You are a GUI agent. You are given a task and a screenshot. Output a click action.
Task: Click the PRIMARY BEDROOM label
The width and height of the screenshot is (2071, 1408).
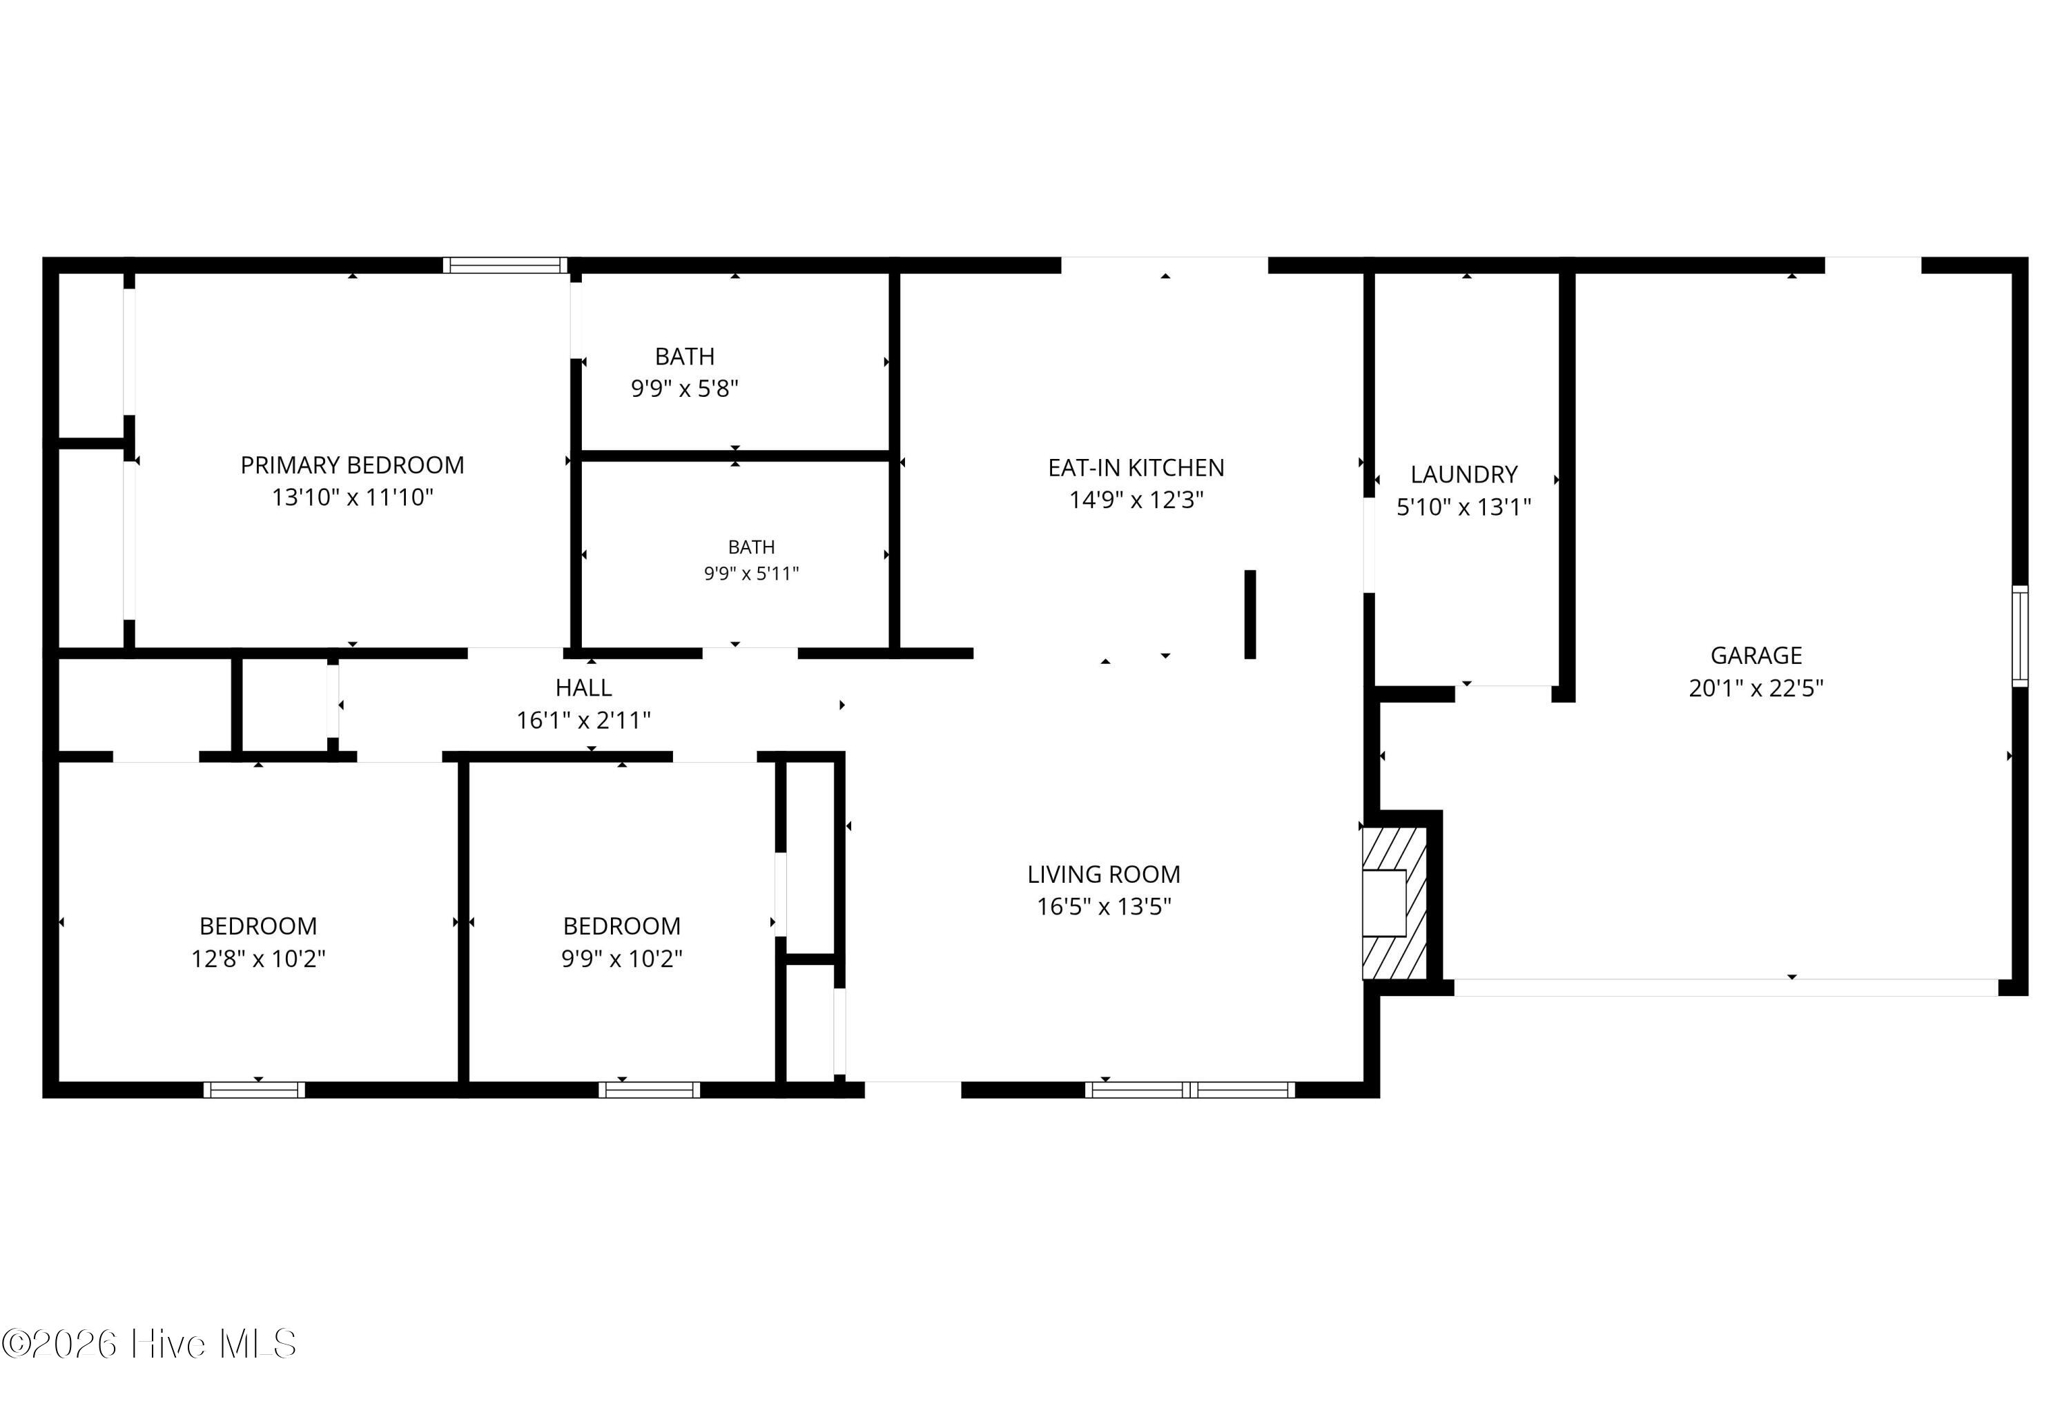(352, 465)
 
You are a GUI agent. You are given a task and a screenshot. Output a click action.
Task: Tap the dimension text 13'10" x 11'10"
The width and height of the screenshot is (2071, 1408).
(352, 497)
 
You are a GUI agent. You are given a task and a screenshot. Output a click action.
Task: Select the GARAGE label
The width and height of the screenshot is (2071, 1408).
(1756, 656)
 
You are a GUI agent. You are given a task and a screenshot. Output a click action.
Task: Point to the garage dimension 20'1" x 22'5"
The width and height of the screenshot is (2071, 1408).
(1756, 688)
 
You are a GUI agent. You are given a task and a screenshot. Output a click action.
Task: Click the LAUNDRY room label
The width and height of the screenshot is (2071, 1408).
(1464, 474)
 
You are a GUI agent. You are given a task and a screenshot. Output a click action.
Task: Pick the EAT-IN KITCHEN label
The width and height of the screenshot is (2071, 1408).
(1136, 468)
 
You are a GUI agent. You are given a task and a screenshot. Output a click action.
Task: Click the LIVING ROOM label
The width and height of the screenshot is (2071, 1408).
(1103, 874)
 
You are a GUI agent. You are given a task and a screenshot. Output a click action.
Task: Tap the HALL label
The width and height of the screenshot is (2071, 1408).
(584, 688)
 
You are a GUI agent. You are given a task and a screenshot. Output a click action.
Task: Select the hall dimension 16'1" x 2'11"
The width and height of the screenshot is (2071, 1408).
(584, 720)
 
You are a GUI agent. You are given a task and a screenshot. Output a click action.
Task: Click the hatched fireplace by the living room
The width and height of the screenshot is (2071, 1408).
(1394, 903)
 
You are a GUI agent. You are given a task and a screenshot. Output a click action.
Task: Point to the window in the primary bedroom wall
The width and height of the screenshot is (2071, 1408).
(505, 264)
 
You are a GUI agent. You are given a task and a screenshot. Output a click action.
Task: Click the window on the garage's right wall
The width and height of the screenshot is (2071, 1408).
(2020, 636)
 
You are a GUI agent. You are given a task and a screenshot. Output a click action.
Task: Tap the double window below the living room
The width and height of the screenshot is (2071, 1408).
(1189, 1089)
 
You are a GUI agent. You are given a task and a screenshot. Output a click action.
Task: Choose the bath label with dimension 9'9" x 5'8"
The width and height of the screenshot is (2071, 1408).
(684, 356)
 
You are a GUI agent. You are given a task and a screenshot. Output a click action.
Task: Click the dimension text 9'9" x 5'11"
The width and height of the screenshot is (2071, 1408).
(751, 573)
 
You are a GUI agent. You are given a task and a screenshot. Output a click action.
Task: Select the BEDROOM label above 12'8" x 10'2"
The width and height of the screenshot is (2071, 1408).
(257, 926)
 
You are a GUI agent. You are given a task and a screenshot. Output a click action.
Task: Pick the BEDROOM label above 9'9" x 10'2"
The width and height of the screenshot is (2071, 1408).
(621, 926)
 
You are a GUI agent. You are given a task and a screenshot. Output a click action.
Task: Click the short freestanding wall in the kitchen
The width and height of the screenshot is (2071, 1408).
(1250, 614)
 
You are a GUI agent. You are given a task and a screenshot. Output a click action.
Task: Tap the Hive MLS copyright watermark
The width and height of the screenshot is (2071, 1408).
(149, 1344)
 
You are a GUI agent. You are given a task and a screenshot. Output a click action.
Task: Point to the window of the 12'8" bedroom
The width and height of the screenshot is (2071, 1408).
(254, 1089)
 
